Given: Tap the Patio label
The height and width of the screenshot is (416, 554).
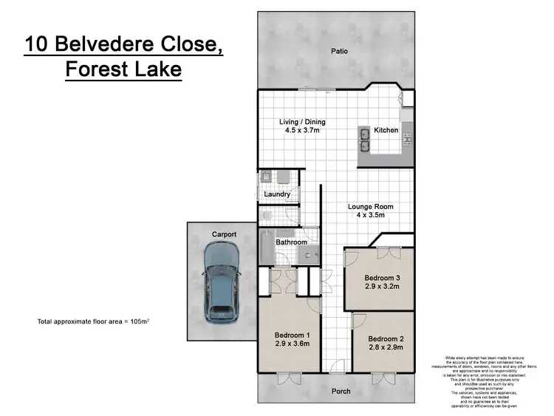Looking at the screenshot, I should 339,52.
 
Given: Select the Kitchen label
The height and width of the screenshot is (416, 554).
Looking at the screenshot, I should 386,130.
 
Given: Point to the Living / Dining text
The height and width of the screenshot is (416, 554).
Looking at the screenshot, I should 302,122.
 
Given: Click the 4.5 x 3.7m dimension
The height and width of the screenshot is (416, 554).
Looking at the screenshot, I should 302,131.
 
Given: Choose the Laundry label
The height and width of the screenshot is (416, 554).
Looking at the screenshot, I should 277,194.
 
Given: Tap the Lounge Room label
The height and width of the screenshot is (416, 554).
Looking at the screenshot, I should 371,207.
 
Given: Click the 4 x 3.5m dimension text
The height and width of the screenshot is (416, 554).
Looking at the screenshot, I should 371,216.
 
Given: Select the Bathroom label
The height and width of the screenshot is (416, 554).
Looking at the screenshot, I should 292,242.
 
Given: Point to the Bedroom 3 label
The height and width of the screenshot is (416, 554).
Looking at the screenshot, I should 382,279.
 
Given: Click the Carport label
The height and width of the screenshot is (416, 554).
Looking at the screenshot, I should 224,234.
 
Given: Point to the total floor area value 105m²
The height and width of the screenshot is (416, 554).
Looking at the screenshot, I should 148,322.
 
